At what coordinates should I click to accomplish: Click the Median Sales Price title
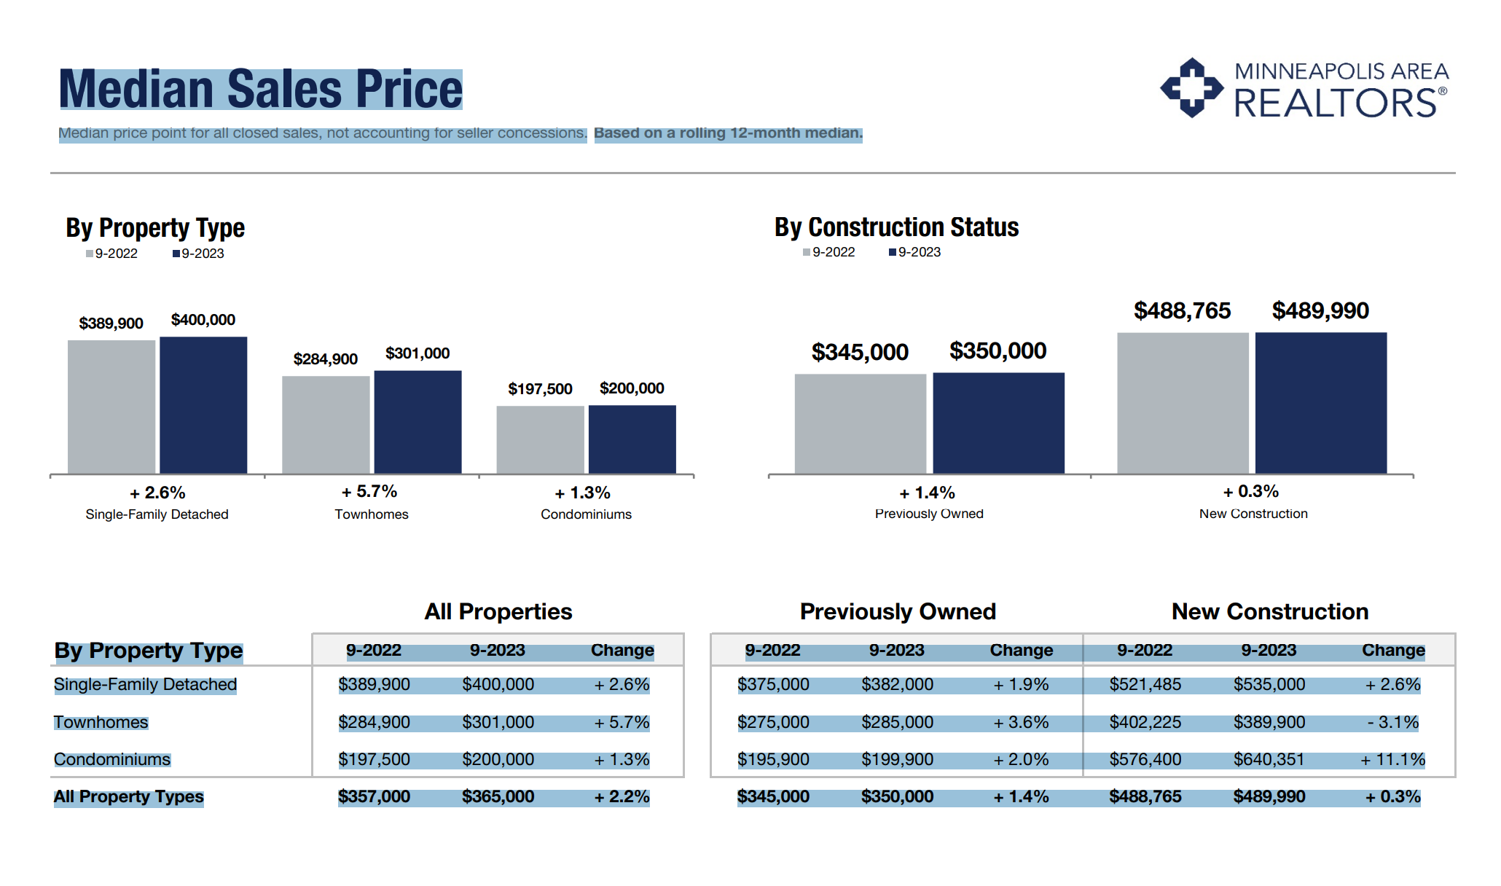click(x=260, y=90)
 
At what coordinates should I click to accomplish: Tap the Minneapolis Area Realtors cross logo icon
click(x=1191, y=88)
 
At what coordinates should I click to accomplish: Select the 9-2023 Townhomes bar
click(x=418, y=423)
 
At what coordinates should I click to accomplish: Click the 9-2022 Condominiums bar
click(x=540, y=440)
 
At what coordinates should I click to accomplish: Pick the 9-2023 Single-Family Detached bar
click(x=203, y=405)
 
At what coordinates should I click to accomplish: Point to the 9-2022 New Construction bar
click(x=1182, y=403)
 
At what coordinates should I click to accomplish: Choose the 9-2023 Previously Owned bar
click(x=998, y=423)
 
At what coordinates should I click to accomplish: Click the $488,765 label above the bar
click(x=1182, y=311)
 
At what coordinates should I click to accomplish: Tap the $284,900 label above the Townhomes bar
click(x=325, y=359)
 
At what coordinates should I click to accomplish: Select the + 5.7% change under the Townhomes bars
click(x=369, y=492)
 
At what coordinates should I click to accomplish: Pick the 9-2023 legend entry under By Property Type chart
click(x=198, y=254)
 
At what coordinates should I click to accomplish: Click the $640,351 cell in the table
click(x=1269, y=759)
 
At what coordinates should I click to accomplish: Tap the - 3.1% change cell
click(x=1392, y=722)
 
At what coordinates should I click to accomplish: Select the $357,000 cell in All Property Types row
click(x=374, y=796)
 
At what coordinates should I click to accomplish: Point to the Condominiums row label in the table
click(x=112, y=759)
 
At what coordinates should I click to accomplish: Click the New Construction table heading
click(x=1269, y=611)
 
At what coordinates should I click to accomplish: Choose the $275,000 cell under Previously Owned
click(x=773, y=722)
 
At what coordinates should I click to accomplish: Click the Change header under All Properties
click(x=622, y=650)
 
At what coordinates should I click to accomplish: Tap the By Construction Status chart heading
click(x=896, y=227)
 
